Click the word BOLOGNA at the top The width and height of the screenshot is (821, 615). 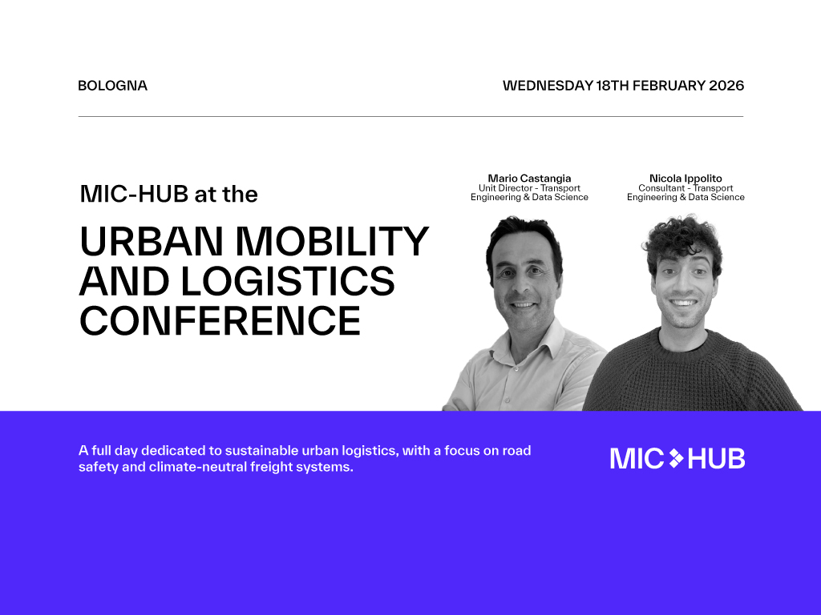112,86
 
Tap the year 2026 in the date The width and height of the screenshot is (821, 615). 726,86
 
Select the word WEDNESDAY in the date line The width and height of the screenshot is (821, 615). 548,86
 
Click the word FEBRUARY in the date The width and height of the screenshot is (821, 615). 670,86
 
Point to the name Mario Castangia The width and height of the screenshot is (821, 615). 529,179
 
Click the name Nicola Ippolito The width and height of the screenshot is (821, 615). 686,179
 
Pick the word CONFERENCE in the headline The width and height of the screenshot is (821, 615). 220,320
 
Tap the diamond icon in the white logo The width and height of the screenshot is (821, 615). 676,458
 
